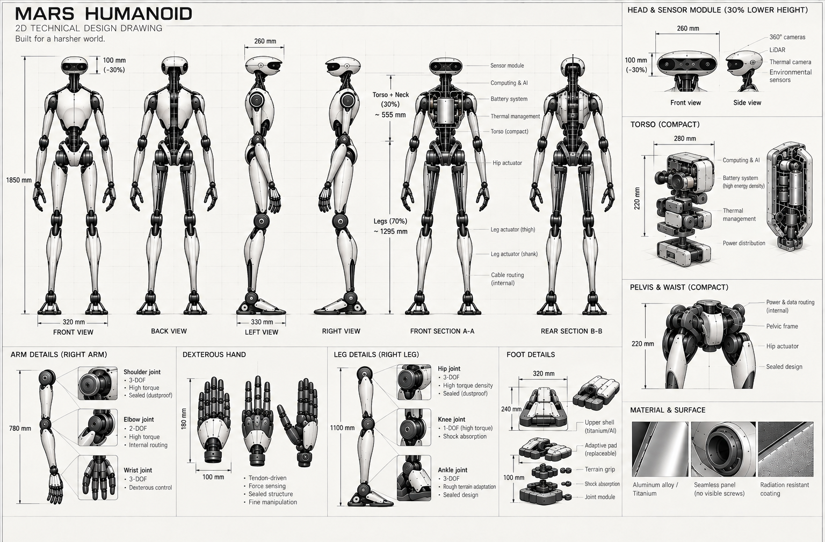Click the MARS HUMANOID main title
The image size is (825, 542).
[104, 13]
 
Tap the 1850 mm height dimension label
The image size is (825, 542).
[19, 180]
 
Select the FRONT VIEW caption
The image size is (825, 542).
[73, 332]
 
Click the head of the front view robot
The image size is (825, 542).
[74, 64]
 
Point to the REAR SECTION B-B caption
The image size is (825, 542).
[571, 331]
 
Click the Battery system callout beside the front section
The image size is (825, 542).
[509, 99]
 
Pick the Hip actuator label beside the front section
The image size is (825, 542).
[507, 163]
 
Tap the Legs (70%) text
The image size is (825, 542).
[390, 221]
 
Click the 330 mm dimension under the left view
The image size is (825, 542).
[262, 322]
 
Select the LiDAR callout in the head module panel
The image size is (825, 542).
[777, 50]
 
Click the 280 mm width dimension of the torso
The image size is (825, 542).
[685, 139]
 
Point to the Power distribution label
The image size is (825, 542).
[743, 243]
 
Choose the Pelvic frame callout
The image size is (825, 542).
[782, 326]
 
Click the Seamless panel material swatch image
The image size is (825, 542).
[723, 449]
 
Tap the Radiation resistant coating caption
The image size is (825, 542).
[785, 489]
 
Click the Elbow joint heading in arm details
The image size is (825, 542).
[139, 420]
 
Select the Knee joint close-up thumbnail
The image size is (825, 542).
[414, 428]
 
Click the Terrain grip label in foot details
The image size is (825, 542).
[599, 469]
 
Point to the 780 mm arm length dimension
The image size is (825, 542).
[20, 428]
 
